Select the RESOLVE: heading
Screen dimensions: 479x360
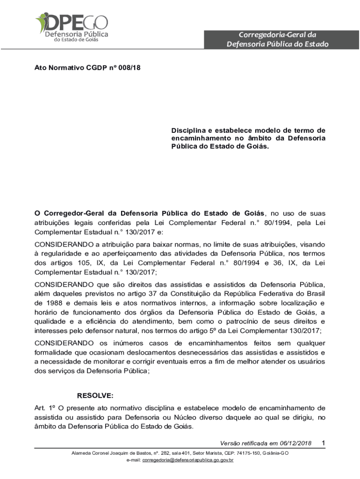click(x=95, y=395)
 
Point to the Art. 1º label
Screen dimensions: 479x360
click(x=43, y=407)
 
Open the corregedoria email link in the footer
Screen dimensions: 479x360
click(x=188, y=460)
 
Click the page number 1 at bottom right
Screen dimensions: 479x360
click(x=324, y=443)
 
